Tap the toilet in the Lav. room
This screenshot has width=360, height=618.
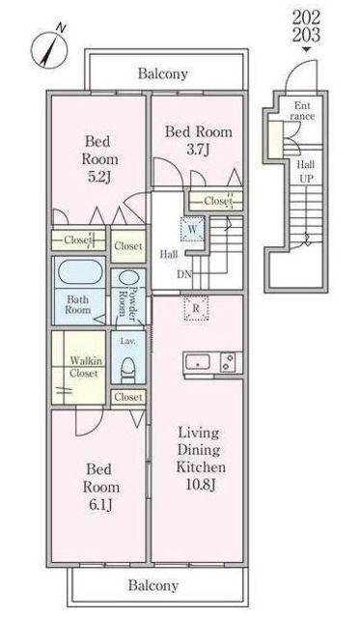pyautogui.click(x=127, y=370)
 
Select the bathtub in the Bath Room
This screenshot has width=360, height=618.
pyautogui.click(x=80, y=272)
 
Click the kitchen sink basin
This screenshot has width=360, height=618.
pyautogui.click(x=198, y=362)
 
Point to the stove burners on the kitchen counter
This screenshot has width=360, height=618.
pyautogui.click(x=228, y=362)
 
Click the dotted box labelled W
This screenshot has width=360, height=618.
pyautogui.click(x=193, y=229)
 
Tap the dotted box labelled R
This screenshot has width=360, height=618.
pyautogui.click(x=196, y=308)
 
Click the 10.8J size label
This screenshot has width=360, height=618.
pyautogui.click(x=201, y=486)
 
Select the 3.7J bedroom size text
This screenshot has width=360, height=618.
pyautogui.click(x=198, y=150)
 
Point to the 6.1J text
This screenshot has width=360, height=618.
pyautogui.click(x=100, y=504)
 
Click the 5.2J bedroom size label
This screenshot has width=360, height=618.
pyautogui.click(x=99, y=177)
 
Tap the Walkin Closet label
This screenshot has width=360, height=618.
pyautogui.click(x=85, y=367)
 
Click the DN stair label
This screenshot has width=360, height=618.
pyautogui.click(x=183, y=274)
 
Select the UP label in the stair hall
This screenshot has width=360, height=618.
pyautogui.click(x=306, y=179)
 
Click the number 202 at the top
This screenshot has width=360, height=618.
pyautogui.click(x=306, y=17)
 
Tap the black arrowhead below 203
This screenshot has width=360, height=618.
pyautogui.click(x=306, y=49)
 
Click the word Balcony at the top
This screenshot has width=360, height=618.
pyautogui.click(x=163, y=73)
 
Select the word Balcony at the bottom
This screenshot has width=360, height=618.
pyautogui.click(x=153, y=585)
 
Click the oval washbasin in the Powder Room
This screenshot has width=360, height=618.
pyautogui.click(x=127, y=279)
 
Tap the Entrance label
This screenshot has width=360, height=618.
pyautogui.click(x=302, y=111)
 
